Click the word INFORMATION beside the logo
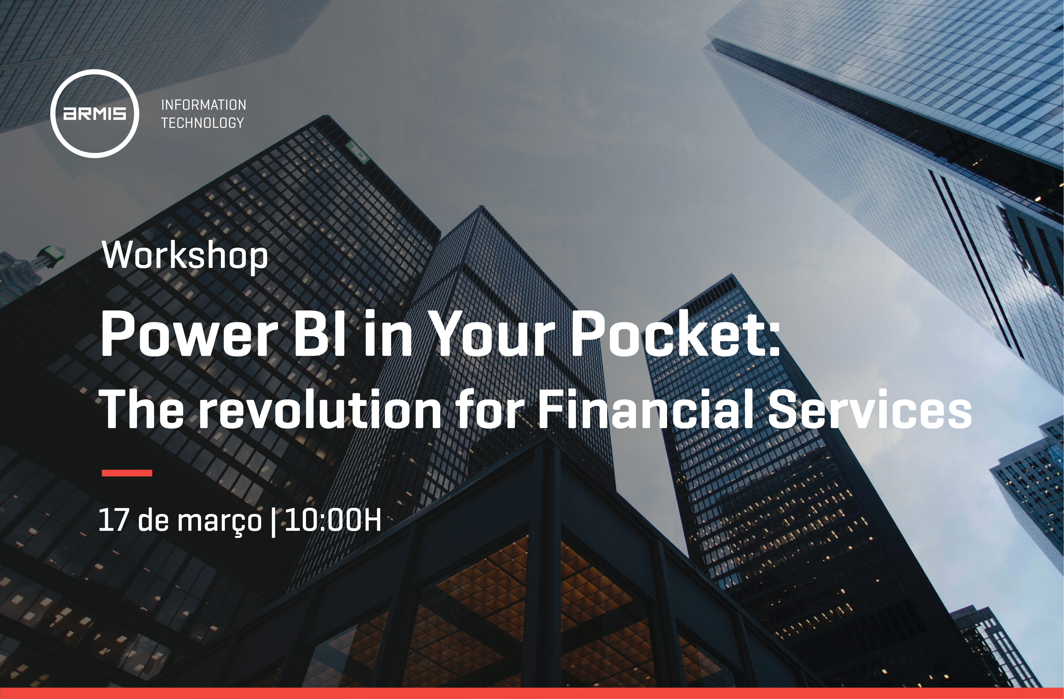coord(203,105)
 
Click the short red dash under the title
coord(127,473)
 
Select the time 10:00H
coord(333,520)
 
